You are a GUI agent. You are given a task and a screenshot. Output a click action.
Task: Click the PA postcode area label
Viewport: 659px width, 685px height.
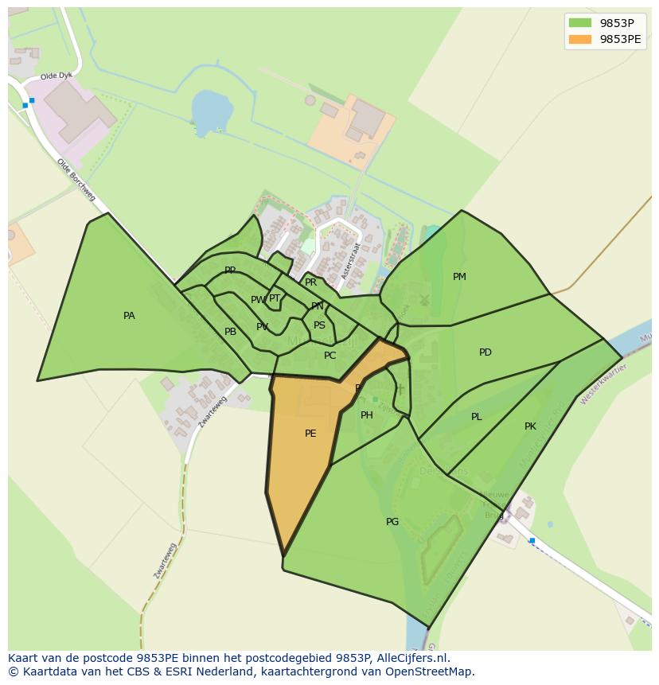(129, 316)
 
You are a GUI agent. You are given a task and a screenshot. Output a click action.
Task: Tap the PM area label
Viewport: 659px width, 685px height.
(459, 277)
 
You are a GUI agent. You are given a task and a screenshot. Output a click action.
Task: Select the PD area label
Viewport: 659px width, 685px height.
(485, 352)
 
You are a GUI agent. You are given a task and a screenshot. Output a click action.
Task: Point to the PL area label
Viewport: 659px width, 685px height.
(476, 417)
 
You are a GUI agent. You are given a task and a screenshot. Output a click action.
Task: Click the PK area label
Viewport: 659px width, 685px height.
(530, 426)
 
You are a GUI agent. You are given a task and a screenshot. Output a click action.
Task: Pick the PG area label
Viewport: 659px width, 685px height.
(392, 522)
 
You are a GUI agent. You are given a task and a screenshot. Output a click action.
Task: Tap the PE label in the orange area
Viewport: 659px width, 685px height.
(310, 434)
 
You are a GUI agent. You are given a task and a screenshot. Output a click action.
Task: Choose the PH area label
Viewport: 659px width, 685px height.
(367, 415)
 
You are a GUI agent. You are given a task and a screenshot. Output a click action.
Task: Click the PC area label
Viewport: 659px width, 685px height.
(330, 356)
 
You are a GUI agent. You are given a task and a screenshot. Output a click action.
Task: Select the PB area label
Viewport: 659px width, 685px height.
(230, 332)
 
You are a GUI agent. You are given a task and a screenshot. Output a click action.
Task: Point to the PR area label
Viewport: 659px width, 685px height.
(311, 282)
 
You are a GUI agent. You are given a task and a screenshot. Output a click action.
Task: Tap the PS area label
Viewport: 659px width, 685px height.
(319, 325)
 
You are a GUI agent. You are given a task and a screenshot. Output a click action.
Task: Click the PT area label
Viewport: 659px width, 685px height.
(275, 298)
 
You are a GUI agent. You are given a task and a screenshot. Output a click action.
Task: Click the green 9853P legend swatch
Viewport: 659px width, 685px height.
(581, 22)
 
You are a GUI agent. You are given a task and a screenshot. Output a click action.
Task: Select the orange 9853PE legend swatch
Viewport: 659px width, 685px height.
(581, 39)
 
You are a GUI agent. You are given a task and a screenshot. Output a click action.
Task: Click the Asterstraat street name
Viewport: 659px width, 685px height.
(347, 239)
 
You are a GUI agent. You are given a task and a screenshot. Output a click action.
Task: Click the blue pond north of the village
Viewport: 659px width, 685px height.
(210, 111)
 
